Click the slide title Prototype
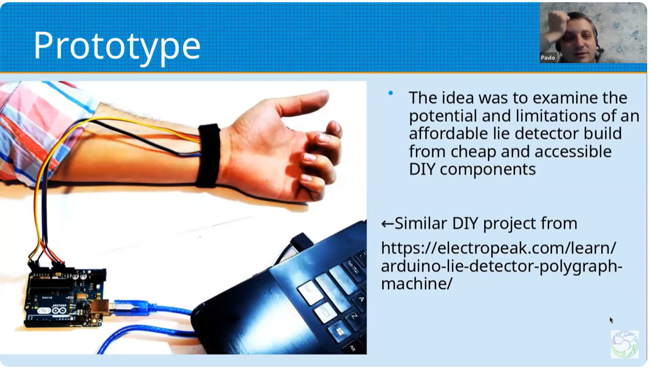pos(117,46)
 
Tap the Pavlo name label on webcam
pos(548,58)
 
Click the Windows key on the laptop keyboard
pos(338,332)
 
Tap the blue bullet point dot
pos(390,93)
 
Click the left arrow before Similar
pos(387,224)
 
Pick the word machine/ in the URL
pos(417,284)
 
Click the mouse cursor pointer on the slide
pos(611,320)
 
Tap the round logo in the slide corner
pos(624,344)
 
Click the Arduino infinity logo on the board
pos(60,310)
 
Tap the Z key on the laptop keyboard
pos(354,316)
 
